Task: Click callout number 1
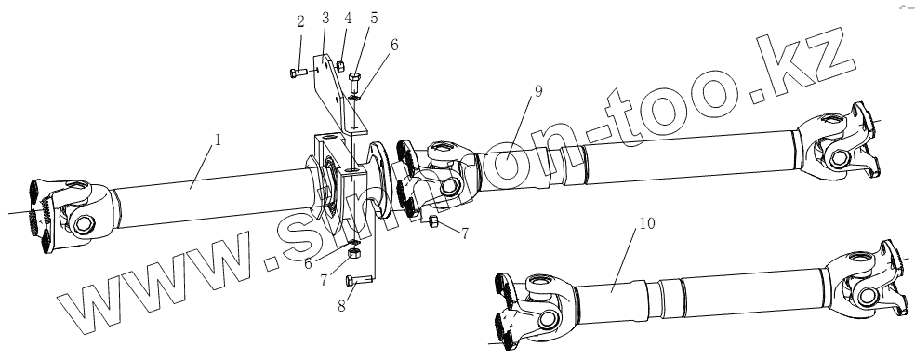(x=218, y=140)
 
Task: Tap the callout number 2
(x=300, y=22)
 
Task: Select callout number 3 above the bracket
(x=325, y=18)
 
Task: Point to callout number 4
(x=349, y=18)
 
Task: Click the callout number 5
(x=374, y=18)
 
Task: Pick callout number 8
(x=341, y=305)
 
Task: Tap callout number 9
(x=538, y=91)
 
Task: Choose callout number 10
(x=647, y=223)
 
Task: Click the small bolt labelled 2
(x=298, y=73)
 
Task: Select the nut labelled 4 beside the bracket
(x=340, y=67)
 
